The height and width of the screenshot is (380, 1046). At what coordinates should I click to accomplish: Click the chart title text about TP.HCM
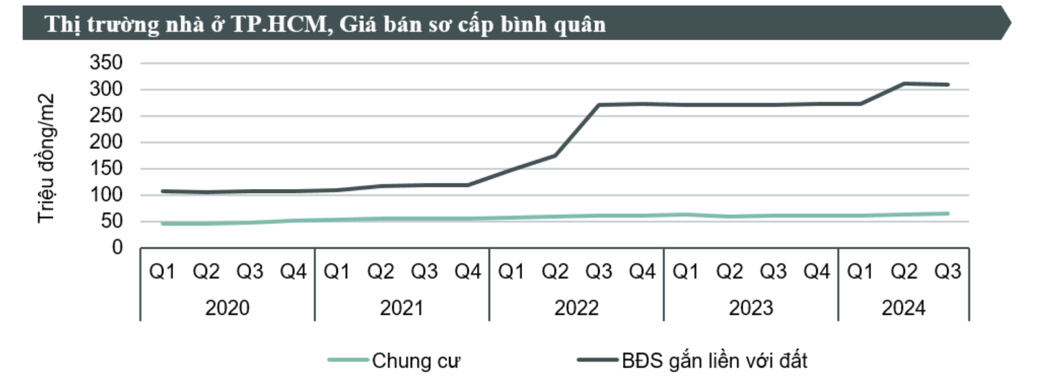click(325, 24)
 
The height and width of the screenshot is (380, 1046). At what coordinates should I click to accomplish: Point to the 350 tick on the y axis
click(107, 63)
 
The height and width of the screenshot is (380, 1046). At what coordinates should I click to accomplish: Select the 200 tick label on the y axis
click(107, 142)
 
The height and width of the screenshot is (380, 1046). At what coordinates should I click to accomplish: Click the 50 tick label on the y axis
click(112, 221)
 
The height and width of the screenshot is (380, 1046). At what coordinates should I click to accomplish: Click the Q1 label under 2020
click(162, 272)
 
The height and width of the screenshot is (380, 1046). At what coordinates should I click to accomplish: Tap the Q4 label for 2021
click(468, 272)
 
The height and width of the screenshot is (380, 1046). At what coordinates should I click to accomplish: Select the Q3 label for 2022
click(598, 272)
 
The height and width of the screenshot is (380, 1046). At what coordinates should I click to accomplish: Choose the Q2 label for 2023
click(729, 272)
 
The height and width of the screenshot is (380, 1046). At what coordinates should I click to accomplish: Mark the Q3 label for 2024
click(947, 272)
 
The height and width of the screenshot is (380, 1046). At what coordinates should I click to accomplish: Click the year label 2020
click(227, 308)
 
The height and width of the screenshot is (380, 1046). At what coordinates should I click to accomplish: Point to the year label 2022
click(576, 308)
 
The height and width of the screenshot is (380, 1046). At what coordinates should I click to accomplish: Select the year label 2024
click(903, 308)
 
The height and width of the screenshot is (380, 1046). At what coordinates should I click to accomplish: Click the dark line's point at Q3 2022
click(598, 105)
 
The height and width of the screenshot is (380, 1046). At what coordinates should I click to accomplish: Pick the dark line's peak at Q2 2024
click(904, 84)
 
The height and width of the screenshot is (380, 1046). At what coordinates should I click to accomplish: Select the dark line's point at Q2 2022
click(555, 155)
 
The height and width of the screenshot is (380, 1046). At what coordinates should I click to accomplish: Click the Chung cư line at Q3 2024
click(947, 213)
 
